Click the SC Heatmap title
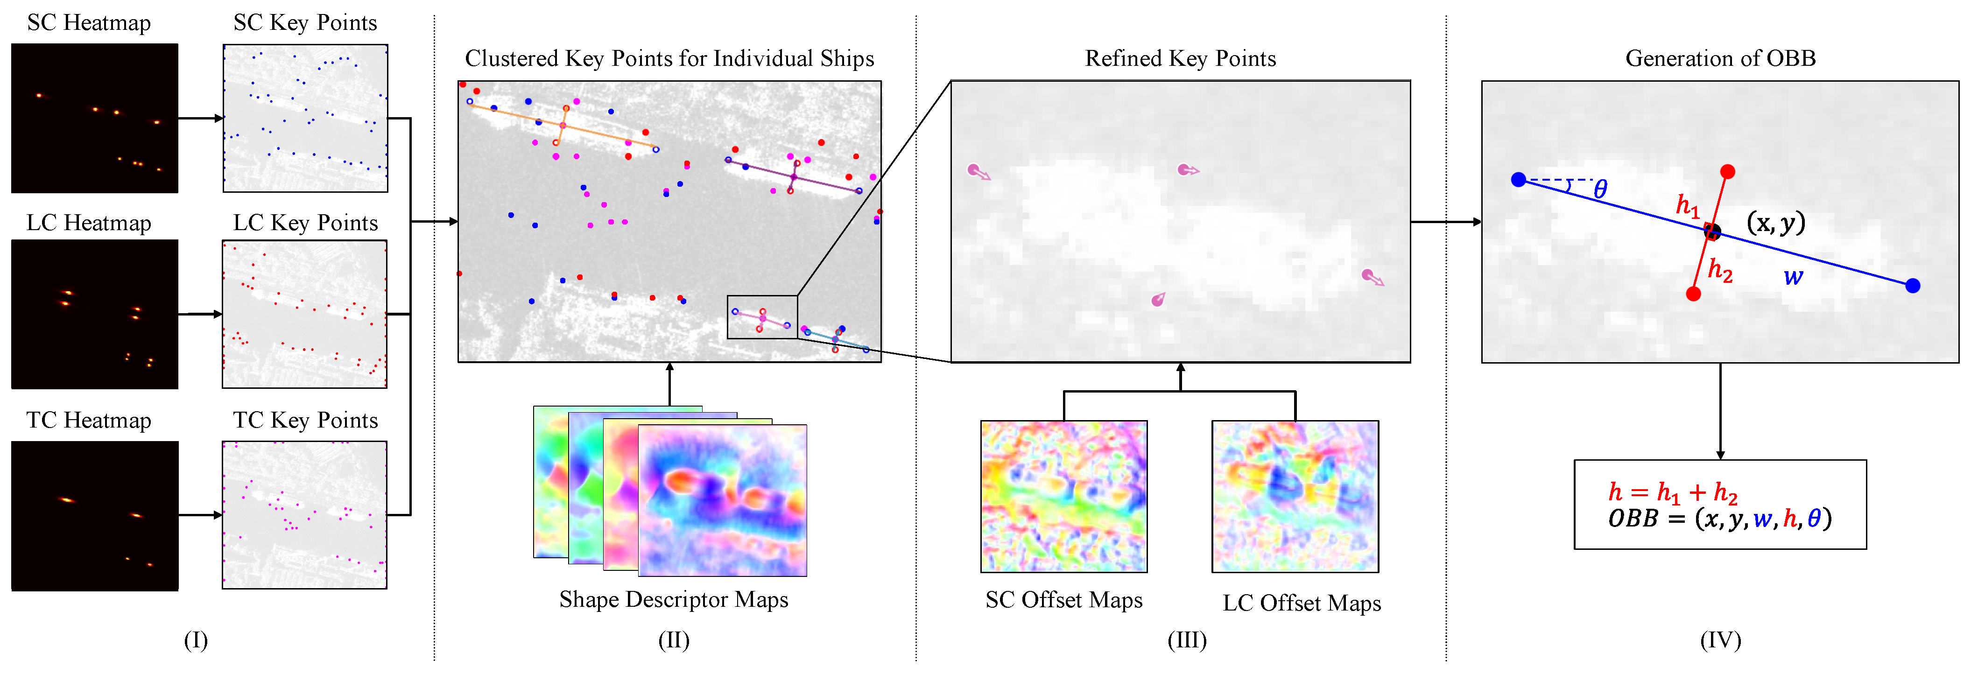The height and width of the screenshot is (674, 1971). tap(89, 23)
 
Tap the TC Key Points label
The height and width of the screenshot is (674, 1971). tap(305, 420)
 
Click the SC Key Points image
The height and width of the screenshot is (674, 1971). tap(305, 118)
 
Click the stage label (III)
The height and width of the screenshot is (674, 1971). tap(1187, 639)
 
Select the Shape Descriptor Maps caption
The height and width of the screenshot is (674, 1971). tap(673, 599)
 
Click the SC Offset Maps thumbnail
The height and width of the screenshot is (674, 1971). tap(1063, 496)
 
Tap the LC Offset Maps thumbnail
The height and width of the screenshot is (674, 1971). tap(1295, 496)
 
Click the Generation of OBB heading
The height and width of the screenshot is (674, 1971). tap(1720, 58)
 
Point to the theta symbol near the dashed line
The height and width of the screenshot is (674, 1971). tap(1600, 190)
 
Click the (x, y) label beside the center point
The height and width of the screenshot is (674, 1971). tap(1775, 223)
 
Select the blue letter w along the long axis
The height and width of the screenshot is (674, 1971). tap(1793, 277)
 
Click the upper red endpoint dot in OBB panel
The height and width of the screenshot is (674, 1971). tap(1727, 171)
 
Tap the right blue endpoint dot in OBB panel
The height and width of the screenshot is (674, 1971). tap(1912, 285)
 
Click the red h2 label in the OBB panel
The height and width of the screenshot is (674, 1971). tap(1720, 270)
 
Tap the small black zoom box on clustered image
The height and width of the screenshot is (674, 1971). tap(762, 317)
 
